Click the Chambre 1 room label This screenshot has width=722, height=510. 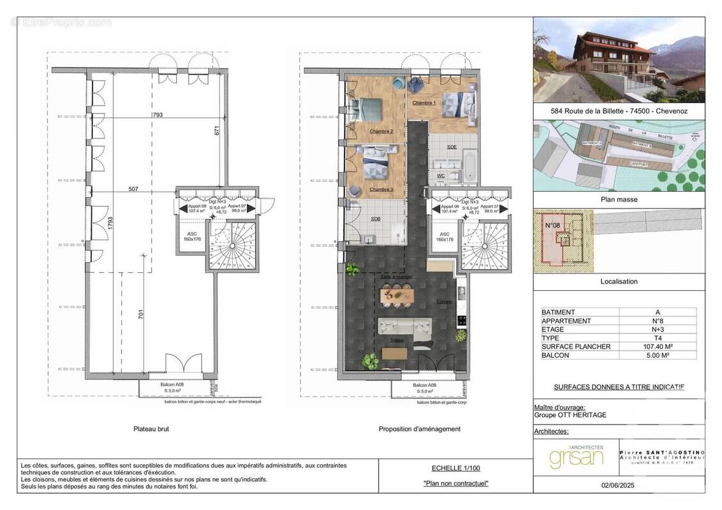click(424, 103)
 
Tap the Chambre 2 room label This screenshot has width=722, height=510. click(381, 131)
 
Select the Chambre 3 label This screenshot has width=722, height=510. click(381, 189)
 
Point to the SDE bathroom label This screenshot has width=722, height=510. click(452, 147)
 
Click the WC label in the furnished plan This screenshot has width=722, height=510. click(441, 175)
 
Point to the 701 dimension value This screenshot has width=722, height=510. click(142, 314)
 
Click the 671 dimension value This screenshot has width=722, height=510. click(217, 131)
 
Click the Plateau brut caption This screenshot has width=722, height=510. click(151, 429)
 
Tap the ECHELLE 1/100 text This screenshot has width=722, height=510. click(455, 468)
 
